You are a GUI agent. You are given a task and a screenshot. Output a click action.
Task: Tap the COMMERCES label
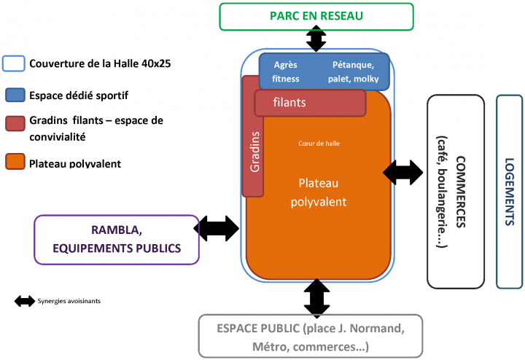click(461, 192)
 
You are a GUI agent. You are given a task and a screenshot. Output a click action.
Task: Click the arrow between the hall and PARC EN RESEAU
click(316, 39)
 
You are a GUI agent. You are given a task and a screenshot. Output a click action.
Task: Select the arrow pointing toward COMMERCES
click(403, 173)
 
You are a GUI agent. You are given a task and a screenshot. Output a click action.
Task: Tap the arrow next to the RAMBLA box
click(217, 229)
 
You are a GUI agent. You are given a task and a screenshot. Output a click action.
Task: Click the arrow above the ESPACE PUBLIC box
click(316, 299)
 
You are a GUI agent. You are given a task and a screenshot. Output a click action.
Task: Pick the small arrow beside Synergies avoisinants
click(25, 301)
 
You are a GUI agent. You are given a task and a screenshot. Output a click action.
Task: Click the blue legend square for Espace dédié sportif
click(15, 95)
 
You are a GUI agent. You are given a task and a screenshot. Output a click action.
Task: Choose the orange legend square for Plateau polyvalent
click(15, 162)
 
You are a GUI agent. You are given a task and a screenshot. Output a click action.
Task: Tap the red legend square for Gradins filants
click(15, 123)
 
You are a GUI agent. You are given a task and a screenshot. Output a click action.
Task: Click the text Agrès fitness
click(286, 71)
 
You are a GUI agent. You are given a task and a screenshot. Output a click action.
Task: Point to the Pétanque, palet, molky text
click(353, 71)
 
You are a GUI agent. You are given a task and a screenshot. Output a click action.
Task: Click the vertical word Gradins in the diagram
click(254, 152)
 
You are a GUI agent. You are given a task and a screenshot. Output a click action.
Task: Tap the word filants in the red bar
click(289, 102)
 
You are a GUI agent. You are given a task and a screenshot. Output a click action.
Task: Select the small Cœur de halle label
click(319, 144)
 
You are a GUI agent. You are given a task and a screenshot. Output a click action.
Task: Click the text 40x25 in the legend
click(156, 63)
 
